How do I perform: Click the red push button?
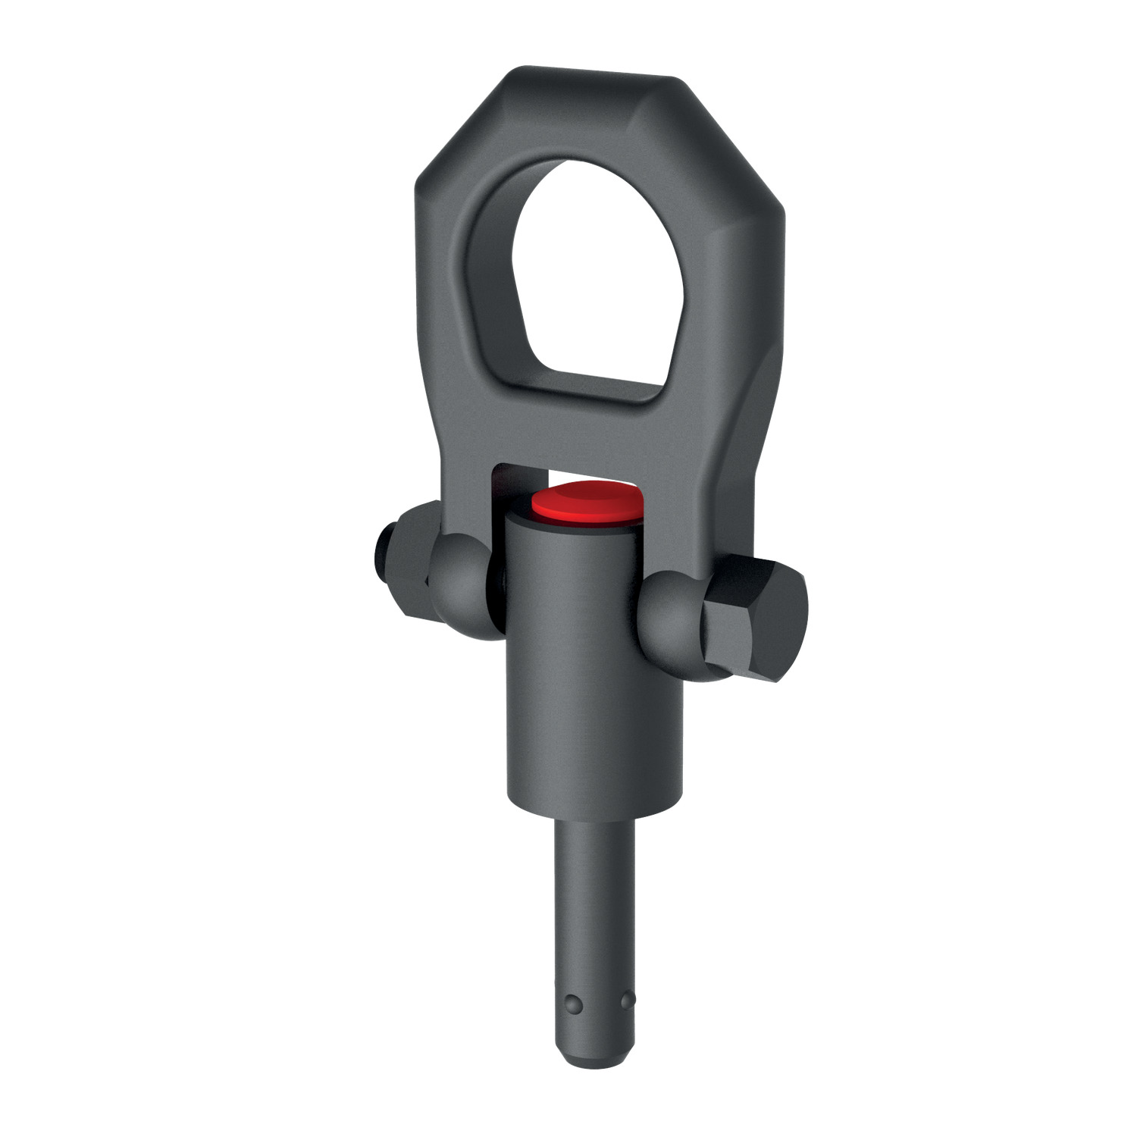pyautogui.click(x=587, y=501)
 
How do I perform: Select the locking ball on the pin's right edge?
pyautogui.click(x=628, y=1001)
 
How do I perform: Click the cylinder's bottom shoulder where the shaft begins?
pyautogui.click(x=595, y=815)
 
